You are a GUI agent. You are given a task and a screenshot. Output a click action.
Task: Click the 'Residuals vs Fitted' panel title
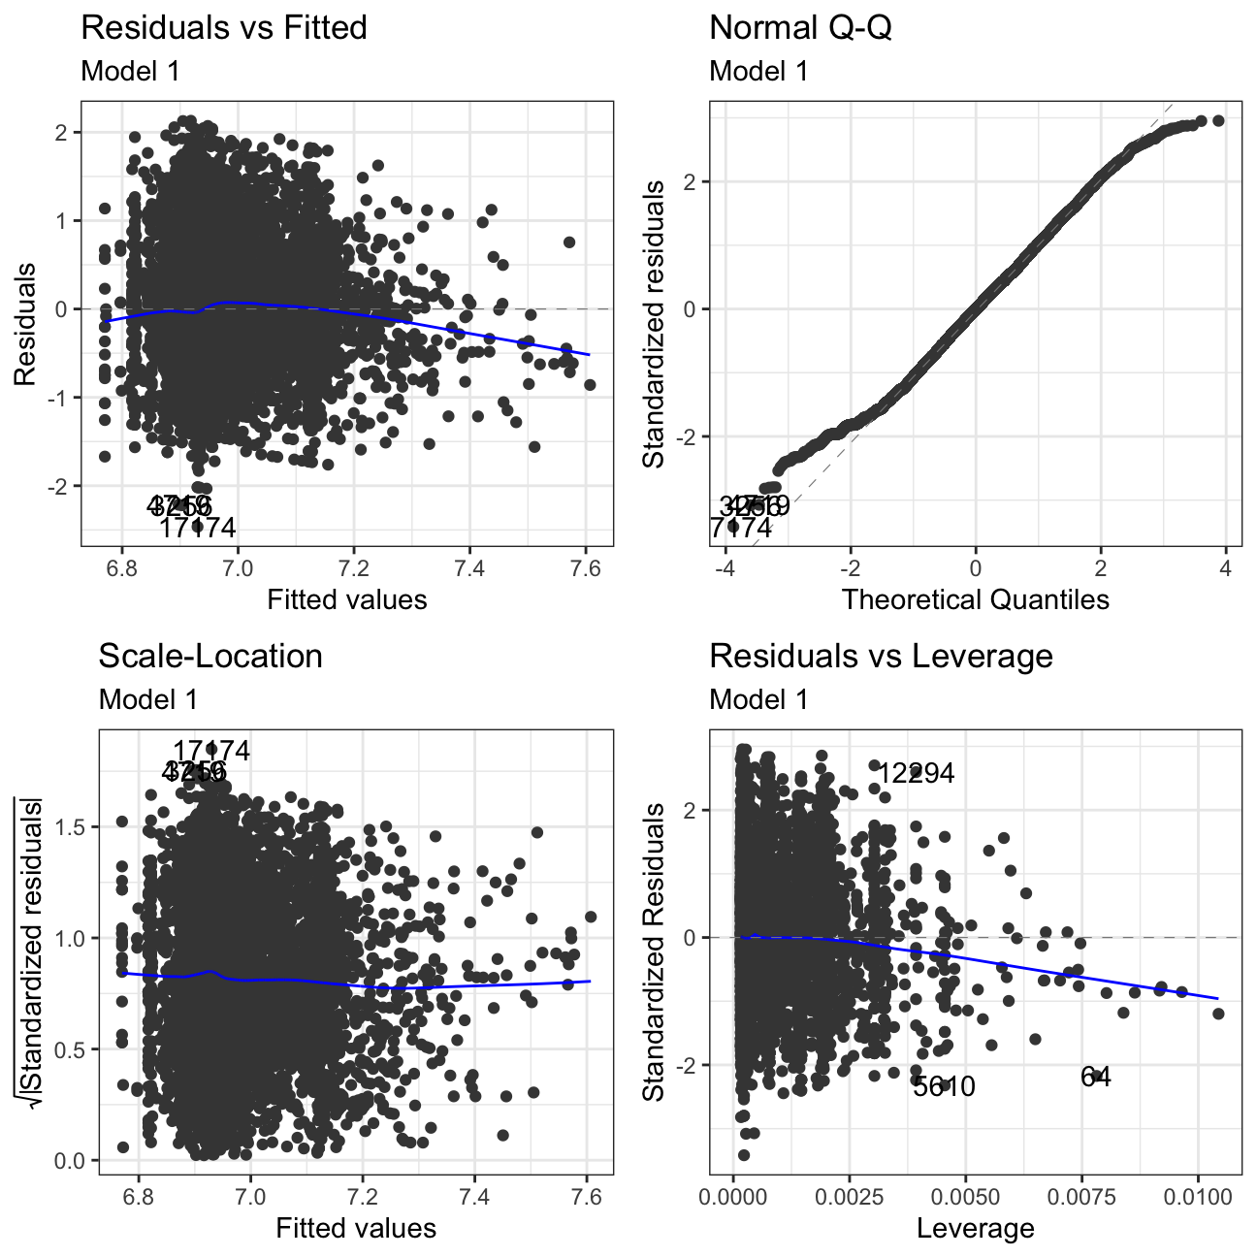pyautogui.click(x=224, y=27)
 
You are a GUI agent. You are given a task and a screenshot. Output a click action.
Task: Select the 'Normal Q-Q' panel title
pyautogui.click(x=800, y=27)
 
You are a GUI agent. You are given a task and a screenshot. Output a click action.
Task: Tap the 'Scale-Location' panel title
pyautogui.click(x=210, y=656)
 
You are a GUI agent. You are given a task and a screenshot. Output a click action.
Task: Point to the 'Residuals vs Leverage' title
pyautogui.click(x=881, y=656)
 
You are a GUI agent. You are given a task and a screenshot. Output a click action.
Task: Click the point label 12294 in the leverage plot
pyautogui.click(x=916, y=773)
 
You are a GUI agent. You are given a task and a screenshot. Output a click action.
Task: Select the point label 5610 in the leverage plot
pyautogui.click(x=944, y=1086)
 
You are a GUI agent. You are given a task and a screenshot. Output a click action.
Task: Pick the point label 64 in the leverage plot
pyautogui.click(x=1096, y=1077)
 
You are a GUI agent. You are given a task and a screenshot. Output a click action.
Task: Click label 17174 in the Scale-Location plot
pyautogui.click(x=211, y=751)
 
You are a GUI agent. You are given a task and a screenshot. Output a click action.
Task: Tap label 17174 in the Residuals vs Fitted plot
pyautogui.click(x=198, y=528)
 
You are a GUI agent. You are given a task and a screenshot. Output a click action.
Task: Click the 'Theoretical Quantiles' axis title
pyautogui.click(x=975, y=599)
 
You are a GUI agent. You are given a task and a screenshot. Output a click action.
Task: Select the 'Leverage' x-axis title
pyautogui.click(x=975, y=1229)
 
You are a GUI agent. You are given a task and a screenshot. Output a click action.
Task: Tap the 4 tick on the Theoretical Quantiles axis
pyautogui.click(x=1226, y=568)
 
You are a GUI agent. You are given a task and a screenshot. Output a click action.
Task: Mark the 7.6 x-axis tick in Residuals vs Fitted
pyautogui.click(x=586, y=568)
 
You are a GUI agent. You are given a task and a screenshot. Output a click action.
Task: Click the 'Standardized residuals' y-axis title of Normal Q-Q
pyautogui.click(x=655, y=324)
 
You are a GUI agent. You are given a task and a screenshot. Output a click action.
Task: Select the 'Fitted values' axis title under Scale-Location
pyautogui.click(x=356, y=1229)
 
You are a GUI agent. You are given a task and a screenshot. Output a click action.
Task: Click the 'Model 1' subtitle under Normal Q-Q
pyautogui.click(x=758, y=71)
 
